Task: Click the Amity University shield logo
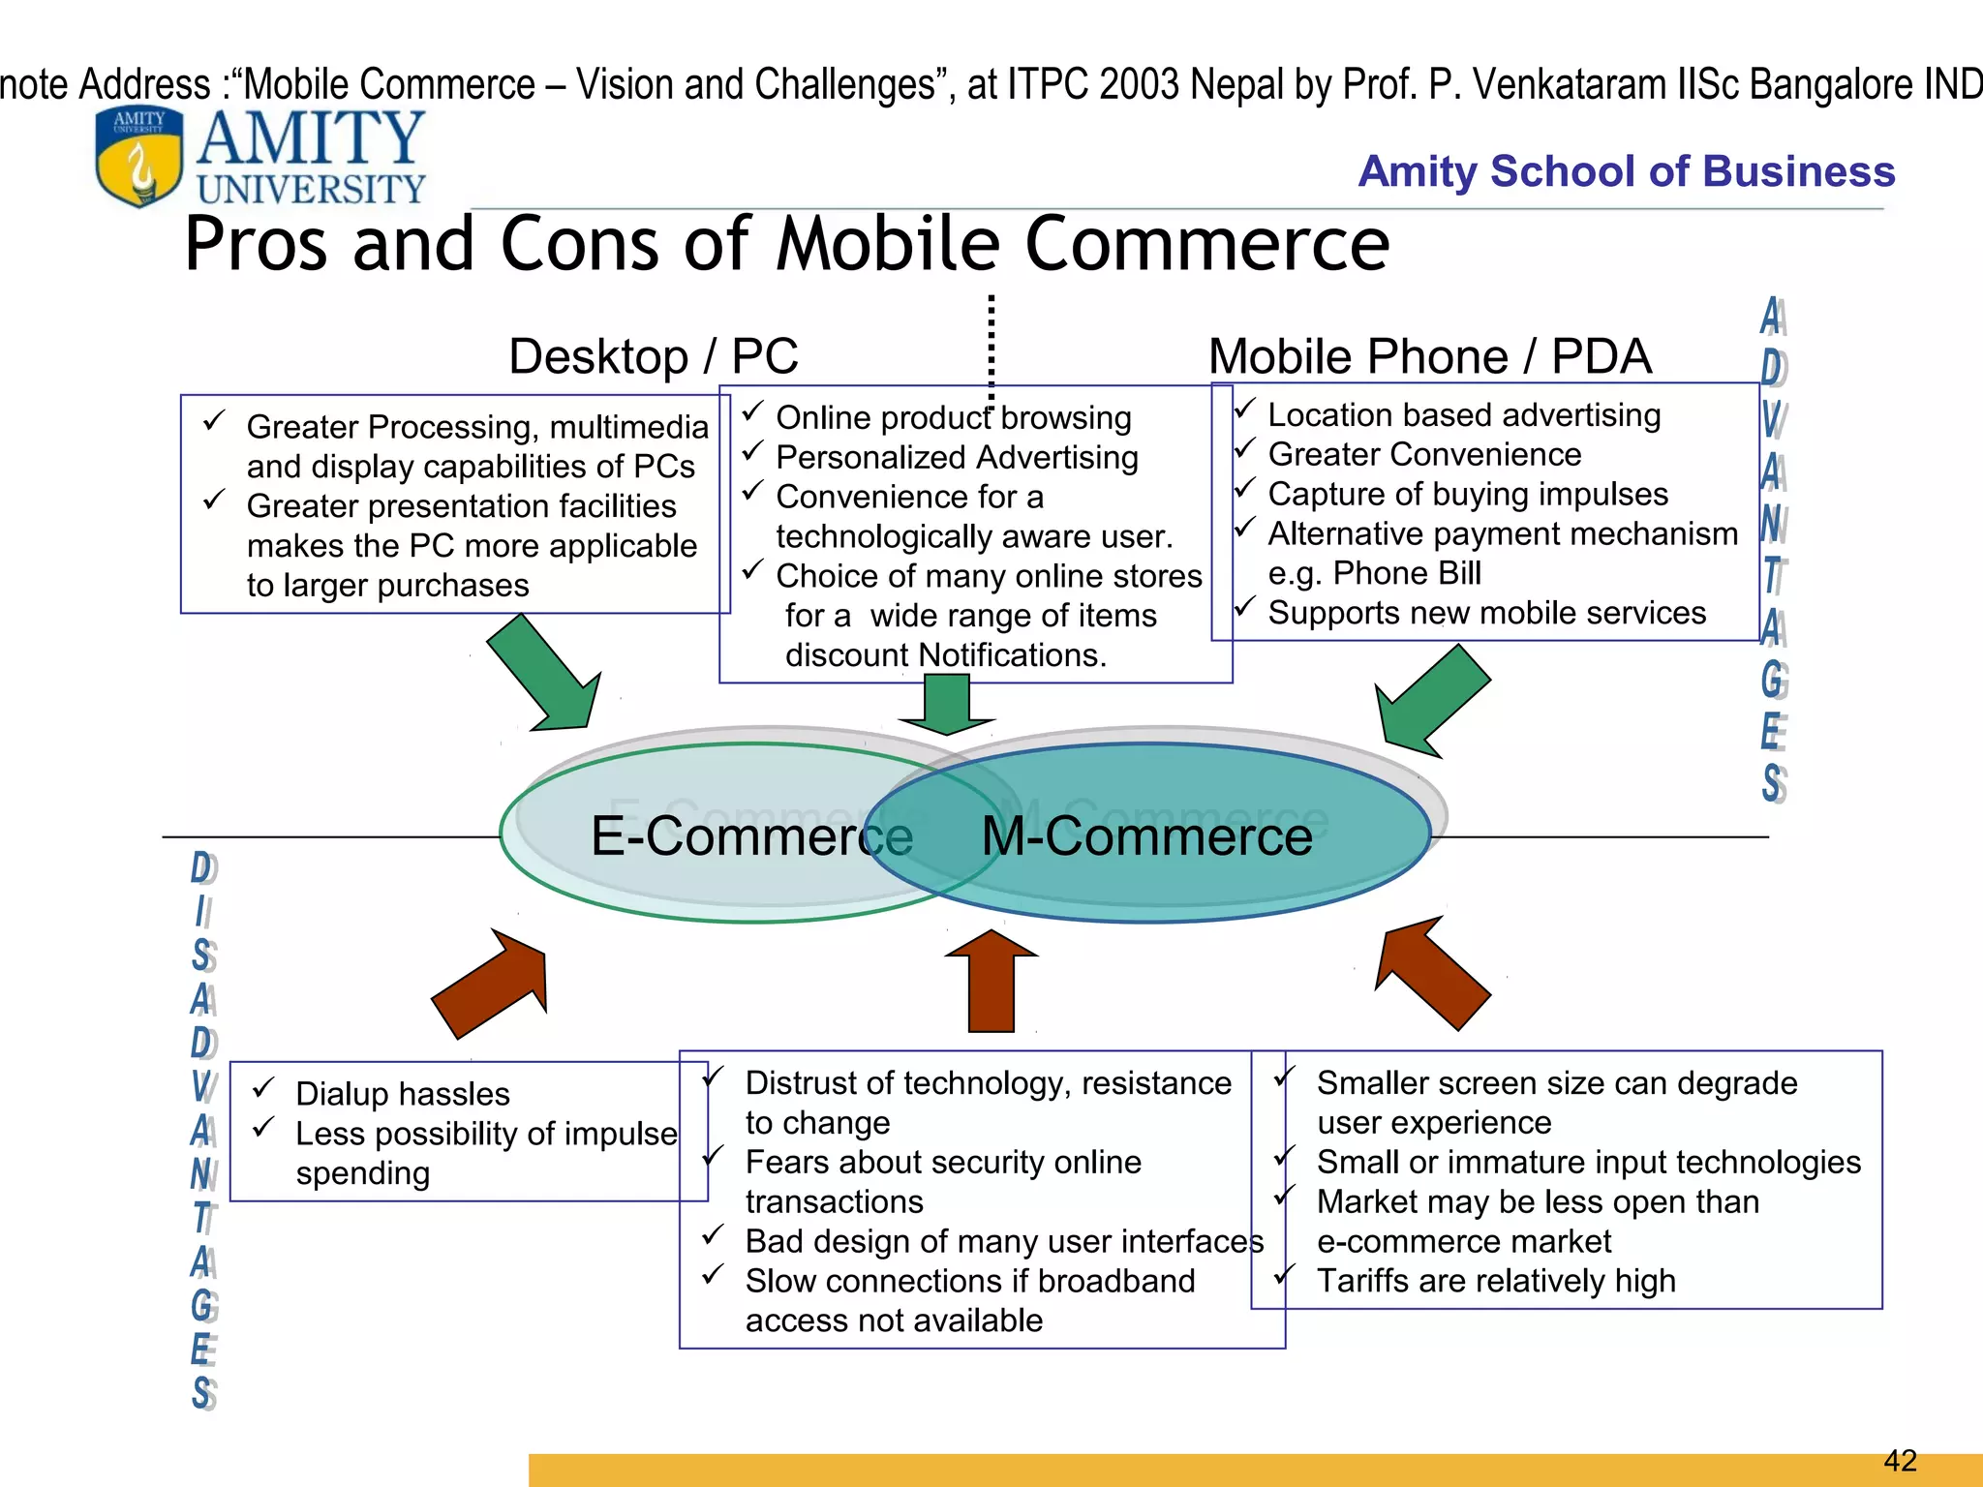[x=138, y=157]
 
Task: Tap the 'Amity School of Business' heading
[x=1626, y=171]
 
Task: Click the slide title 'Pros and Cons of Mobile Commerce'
[x=786, y=244]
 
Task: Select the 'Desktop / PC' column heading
[x=654, y=356]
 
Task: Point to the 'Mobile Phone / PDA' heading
[x=1429, y=356]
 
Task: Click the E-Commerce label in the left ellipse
[x=751, y=835]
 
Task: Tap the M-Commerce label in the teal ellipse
[x=1147, y=835]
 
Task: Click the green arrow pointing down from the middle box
[x=947, y=705]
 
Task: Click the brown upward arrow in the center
[x=991, y=980]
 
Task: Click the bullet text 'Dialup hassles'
[x=403, y=1094]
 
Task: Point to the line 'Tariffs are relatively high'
[x=1495, y=1281]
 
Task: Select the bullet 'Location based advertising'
[x=1464, y=415]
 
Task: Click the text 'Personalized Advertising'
[x=957, y=457]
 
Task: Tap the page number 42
[x=1901, y=1460]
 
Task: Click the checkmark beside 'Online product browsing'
[x=753, y=413]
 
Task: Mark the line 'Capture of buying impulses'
[x=1468, y=494]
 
